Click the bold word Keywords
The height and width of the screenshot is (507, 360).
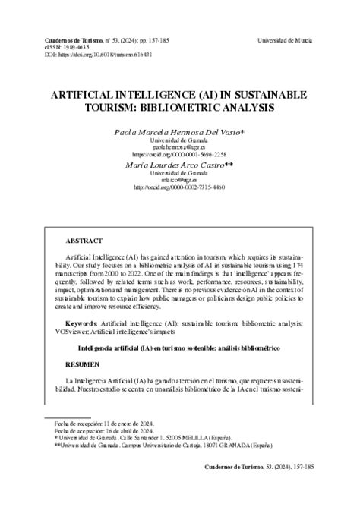[81, 323]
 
